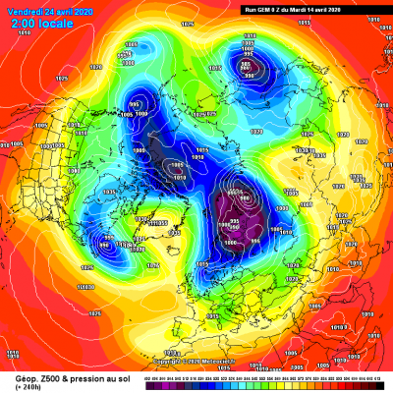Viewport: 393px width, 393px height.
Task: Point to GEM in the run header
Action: click(x=263, y=8)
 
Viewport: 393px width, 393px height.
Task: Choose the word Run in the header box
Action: click(x=250, y=8)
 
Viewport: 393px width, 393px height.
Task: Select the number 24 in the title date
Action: click(x=42, y=7)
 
